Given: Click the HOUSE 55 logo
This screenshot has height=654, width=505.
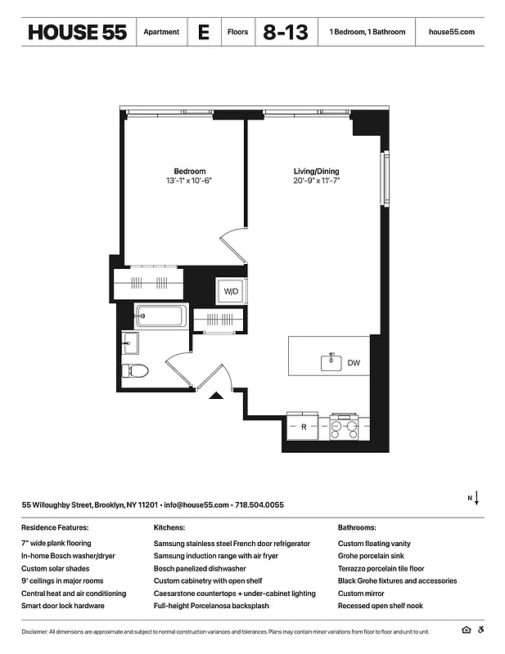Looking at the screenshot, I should click(x=77, y=32).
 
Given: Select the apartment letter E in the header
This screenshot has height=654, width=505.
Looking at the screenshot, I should click(x=203, y=32).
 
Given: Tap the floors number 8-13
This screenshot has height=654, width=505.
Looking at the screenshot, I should click(x=286, y=32).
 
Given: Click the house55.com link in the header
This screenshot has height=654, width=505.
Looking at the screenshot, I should click(x=451, y=32).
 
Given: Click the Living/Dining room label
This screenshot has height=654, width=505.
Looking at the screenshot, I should click(x=317, y=171).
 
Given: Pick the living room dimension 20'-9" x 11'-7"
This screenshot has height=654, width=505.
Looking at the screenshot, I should click(x=317, y=181).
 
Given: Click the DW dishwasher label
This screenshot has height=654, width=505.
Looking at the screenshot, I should click(x=354, y=362).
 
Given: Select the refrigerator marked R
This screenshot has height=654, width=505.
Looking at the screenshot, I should click(x=304, y=427).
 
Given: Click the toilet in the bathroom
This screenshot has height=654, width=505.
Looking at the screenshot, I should click(x=134, y=370).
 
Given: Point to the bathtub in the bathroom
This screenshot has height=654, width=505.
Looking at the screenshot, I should click(x=161, y=316).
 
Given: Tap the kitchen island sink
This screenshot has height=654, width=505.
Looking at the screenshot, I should click(x=330, y=361).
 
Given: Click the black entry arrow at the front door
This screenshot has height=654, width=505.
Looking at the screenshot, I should click(x=216, y=396).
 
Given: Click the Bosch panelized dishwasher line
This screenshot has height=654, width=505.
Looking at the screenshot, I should click(x=200, y=568).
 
